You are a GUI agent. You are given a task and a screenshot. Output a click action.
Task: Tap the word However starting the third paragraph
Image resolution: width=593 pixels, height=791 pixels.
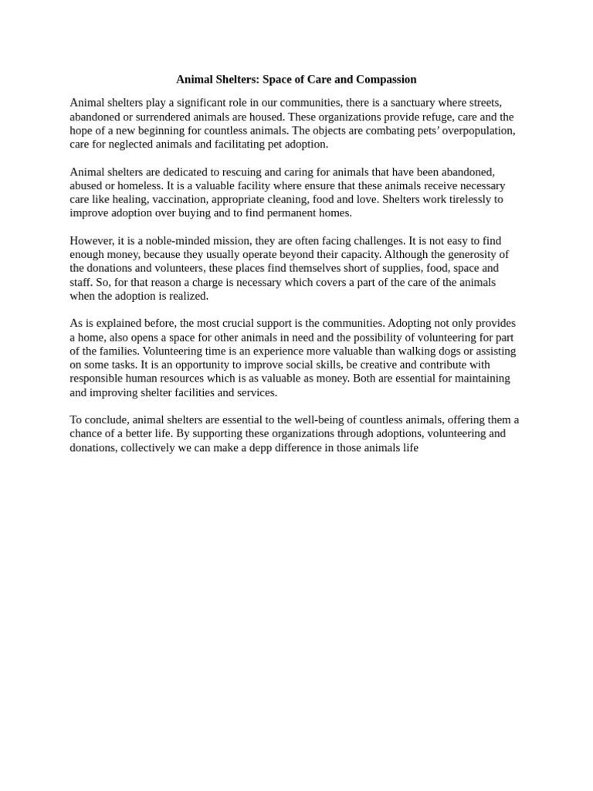(93, 240)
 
